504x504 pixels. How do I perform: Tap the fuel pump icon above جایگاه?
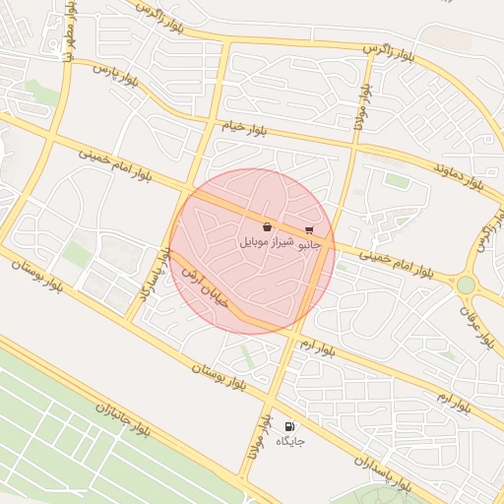[289, 426]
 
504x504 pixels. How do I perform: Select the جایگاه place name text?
[290, 441]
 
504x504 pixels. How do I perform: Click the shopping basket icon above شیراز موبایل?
[268, 227]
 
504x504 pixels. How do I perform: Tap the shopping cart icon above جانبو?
[309, 229]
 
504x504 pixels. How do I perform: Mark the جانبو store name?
[311, 241]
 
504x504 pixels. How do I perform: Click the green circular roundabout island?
[466, 284]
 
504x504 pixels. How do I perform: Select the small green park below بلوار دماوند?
[397, 180]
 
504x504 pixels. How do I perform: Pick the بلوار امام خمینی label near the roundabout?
[395, 261]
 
